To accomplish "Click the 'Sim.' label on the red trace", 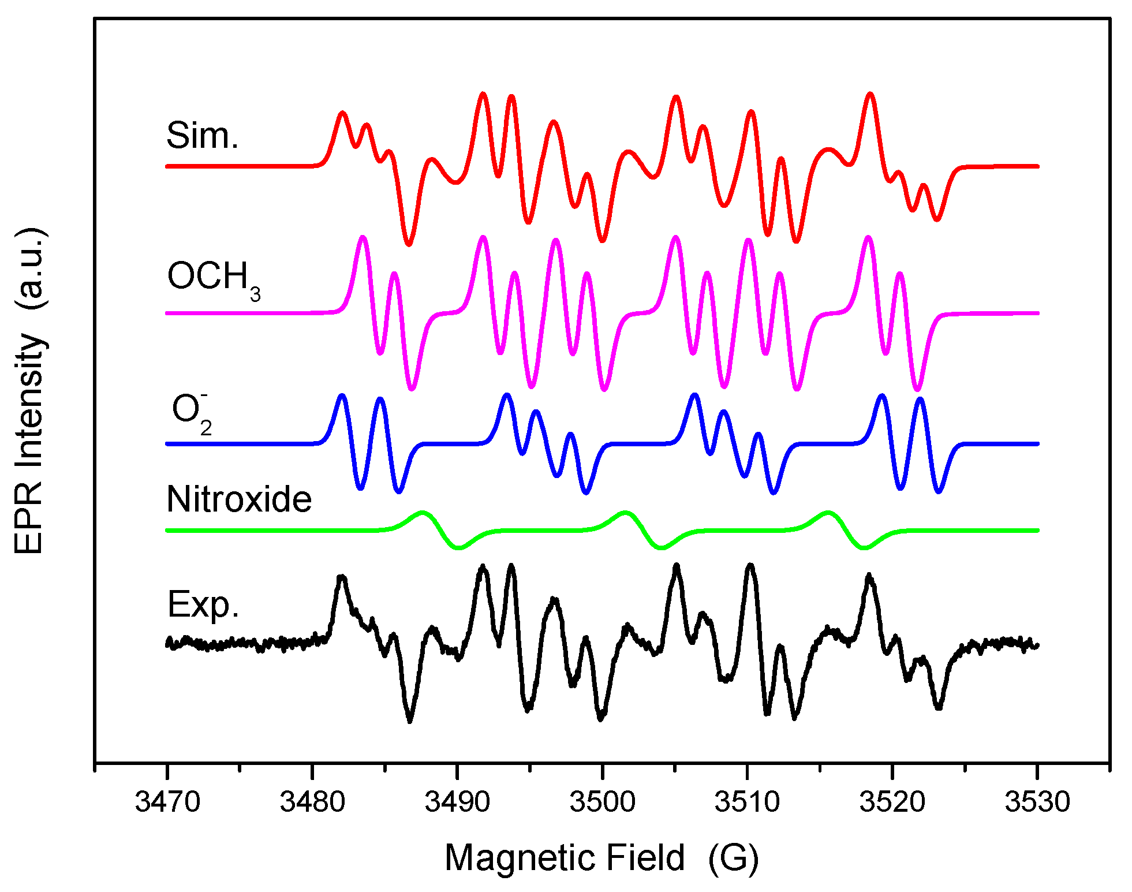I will [202, 136].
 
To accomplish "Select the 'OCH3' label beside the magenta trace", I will [214, 278].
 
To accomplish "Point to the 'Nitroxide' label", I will [239, 499].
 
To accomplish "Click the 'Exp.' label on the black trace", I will [203, 605].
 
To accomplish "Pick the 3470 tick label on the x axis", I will [167, 802].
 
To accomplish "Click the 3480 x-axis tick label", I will [312, 802].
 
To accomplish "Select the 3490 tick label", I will [457, 802].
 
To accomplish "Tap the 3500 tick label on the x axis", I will [602, 802].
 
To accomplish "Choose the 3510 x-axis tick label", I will [747, 802].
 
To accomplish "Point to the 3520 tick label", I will [892, 802].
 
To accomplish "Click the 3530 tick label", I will [1037, 802].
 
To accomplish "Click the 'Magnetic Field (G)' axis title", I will [602, 858].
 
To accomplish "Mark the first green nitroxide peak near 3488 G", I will [423, 512].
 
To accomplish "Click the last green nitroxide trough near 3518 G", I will [864, 548].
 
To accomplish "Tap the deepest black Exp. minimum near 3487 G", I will [410, 721].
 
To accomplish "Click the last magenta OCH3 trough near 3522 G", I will [917, 389].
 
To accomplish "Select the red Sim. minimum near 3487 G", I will [409, 244].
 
